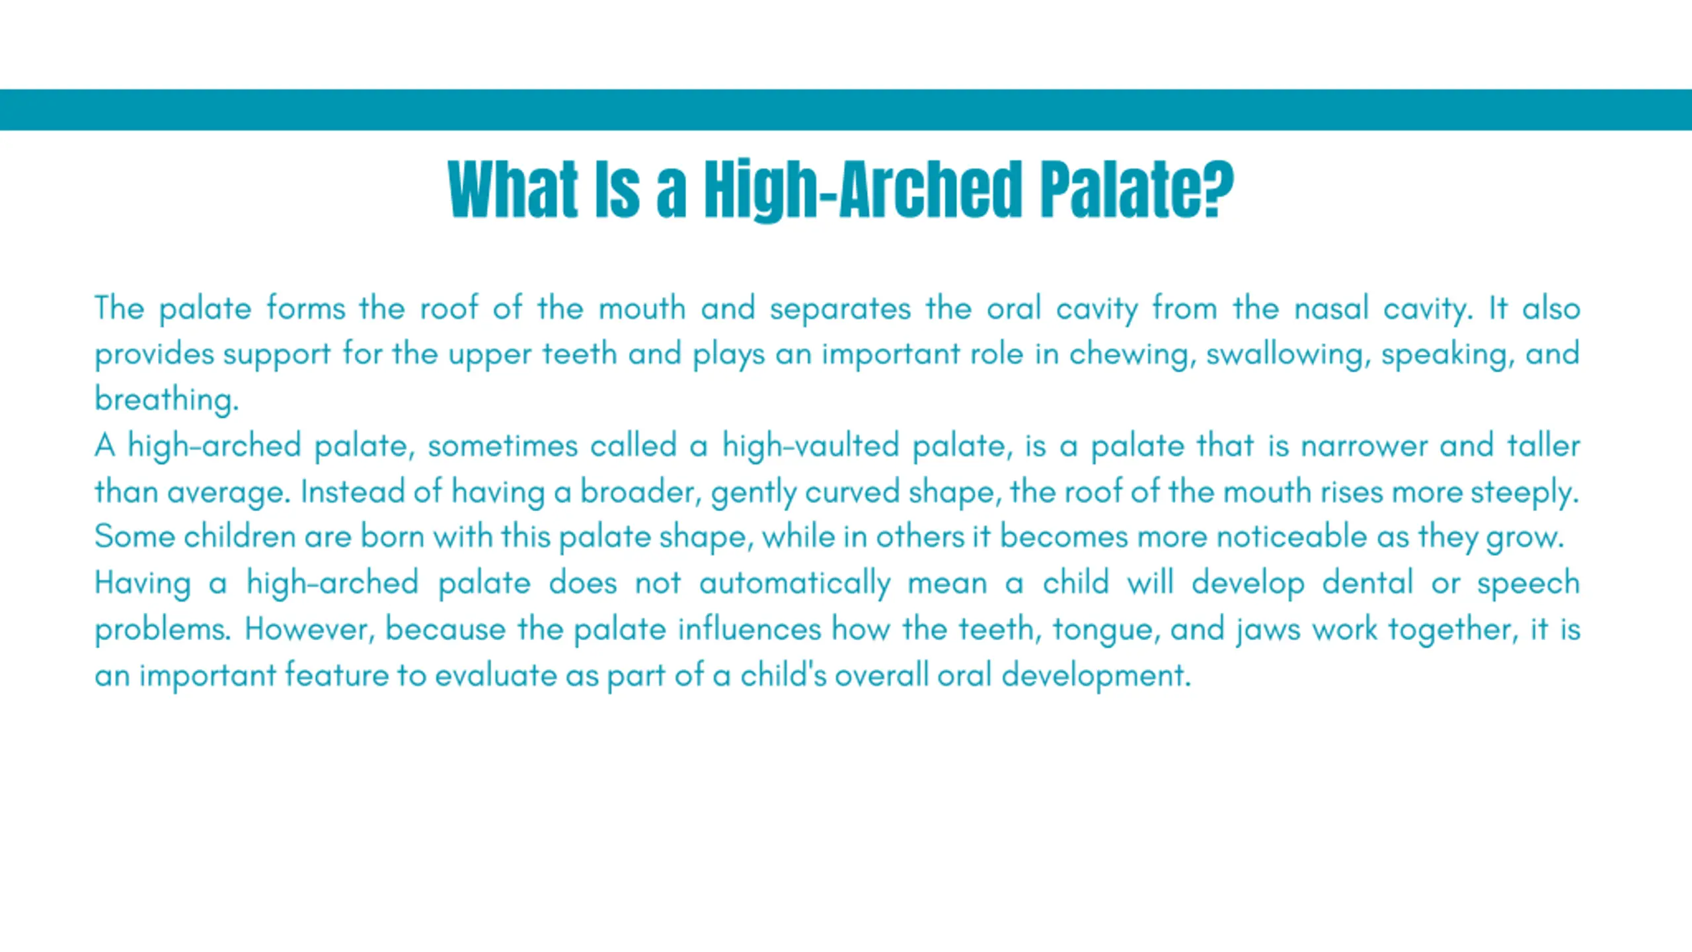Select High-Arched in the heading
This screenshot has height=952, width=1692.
(x=863, y=190)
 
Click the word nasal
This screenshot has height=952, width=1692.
(x=1330, y=309)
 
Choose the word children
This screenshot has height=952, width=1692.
(x=239, y=536)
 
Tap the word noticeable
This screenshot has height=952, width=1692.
(x=1291, y=536)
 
